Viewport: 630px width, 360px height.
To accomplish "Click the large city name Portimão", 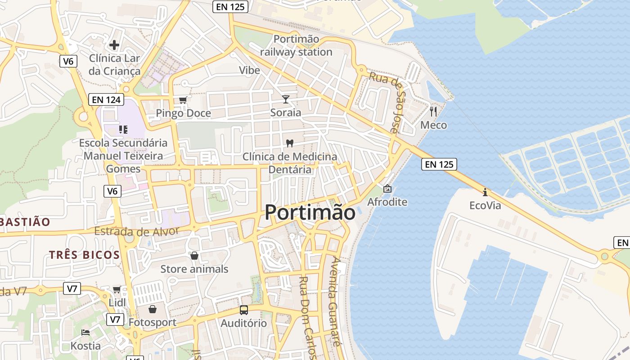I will (x=310, y=212).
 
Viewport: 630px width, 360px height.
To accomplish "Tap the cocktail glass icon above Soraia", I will (x=286, y=99).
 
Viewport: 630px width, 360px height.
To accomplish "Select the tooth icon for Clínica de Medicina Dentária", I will (x=290, y=143).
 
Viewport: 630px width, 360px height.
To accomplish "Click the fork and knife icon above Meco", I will (x=433, y=111).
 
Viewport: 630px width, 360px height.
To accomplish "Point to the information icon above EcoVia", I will (x=485, y=192).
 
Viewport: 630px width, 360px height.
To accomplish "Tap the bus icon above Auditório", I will (x=243, y=310).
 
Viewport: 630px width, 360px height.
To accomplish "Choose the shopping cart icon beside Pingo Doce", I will (x=183, y=100).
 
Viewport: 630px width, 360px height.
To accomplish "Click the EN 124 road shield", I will (x=106, y=99).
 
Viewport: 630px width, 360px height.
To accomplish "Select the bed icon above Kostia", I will (x=85, y=333).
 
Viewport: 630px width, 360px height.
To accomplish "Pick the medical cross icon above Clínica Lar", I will (x=114, y=45).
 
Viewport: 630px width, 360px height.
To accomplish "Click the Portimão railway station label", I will (x=296, y=46).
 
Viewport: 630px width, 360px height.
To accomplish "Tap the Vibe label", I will (x=249, y=70).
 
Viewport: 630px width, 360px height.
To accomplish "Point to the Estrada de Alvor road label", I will (x=137, y=232).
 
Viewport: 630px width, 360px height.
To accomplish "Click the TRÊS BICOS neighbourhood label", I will (x=85, y=255).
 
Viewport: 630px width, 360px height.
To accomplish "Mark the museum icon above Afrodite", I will (x=387, y=189).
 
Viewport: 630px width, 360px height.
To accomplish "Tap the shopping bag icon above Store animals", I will (x=194, y=256).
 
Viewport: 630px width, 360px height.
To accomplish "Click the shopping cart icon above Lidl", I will (x=117, y=289).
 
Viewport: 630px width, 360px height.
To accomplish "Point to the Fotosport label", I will (x=153, y=323).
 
